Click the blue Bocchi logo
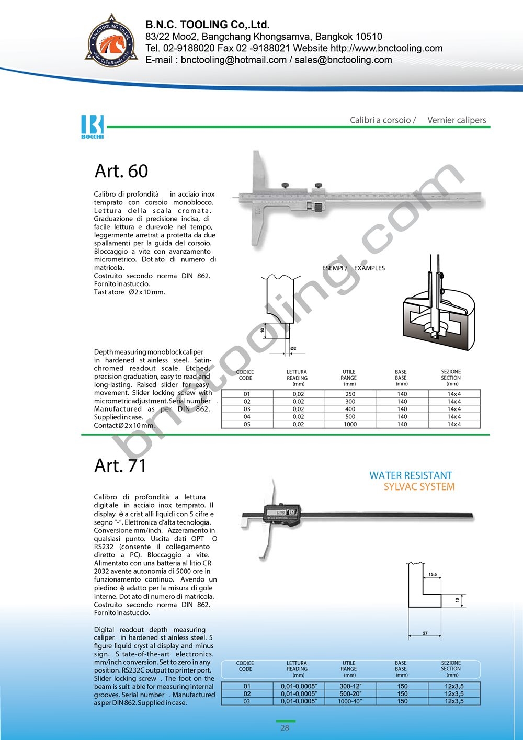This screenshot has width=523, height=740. point(93,126)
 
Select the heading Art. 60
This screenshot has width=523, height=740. point(121,171)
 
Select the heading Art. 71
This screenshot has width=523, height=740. point(120,465)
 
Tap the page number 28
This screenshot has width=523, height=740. point(285,727)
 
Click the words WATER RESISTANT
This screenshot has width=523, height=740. point(411,475)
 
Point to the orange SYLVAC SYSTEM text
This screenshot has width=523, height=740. point(419,487)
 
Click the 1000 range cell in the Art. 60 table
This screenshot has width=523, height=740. point(350,424)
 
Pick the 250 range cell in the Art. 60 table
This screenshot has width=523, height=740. point(350,394)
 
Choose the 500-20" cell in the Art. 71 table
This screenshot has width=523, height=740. point(350,693)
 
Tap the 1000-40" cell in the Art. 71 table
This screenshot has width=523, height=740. point(350,701)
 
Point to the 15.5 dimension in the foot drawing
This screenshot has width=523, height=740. point(433,574)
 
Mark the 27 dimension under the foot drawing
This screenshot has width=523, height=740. point(425,633)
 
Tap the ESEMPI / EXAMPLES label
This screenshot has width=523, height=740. point(353,268)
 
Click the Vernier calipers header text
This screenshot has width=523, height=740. point(457,120)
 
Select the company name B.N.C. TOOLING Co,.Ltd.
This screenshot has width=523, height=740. point(208,25)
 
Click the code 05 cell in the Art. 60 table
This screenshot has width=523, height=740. point(247,424)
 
